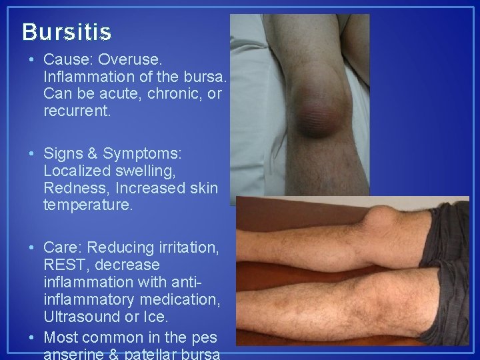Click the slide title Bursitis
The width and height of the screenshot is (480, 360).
(x=67, y=31)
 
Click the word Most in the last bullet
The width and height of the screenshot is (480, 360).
(x=61, y=337)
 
